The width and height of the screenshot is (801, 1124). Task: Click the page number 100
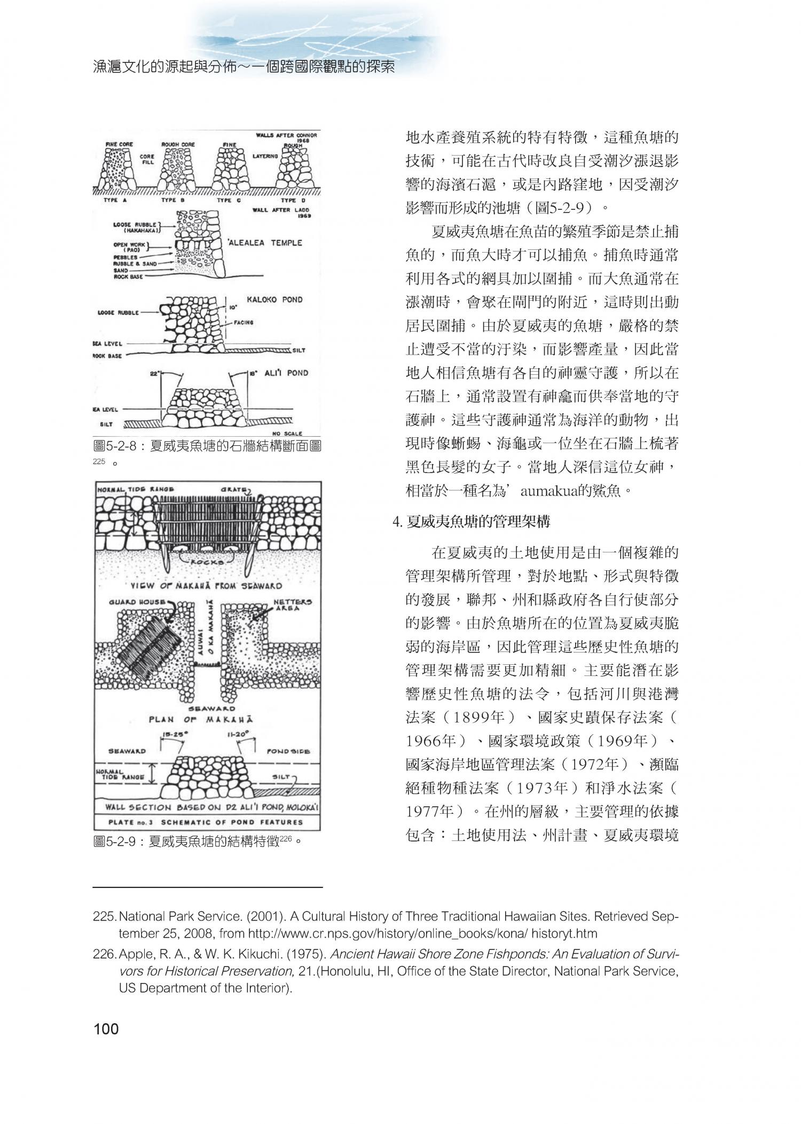106,1029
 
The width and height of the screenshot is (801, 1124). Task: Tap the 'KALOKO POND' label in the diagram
274,300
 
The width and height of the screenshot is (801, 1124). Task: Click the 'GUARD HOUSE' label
137,602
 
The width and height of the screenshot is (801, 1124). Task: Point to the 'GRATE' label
237,489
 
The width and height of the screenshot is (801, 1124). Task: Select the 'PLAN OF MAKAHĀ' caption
201,719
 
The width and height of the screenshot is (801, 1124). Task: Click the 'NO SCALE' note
287,433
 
